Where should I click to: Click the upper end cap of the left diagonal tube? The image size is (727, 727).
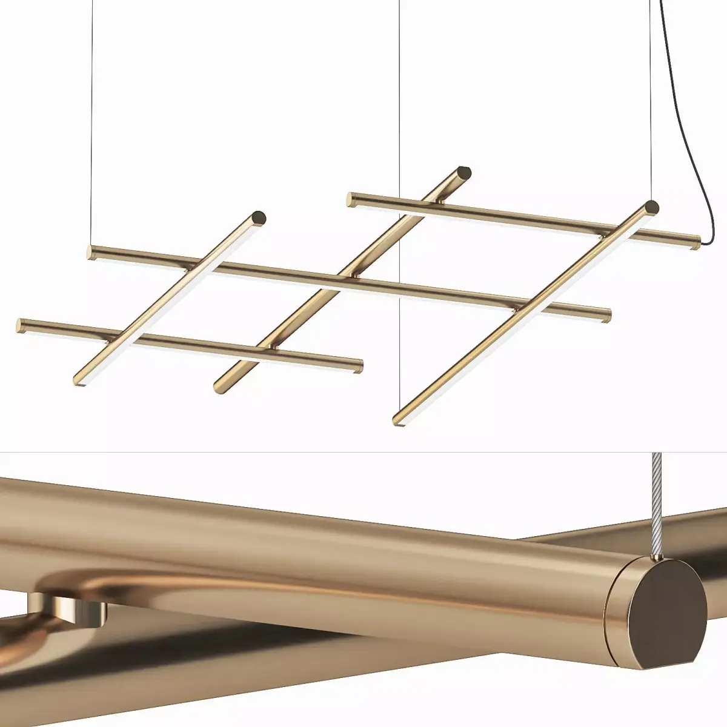coord(259,216)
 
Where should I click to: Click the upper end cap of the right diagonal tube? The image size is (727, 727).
coord(652,207)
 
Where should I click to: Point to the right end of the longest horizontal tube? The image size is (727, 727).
coord(607,316)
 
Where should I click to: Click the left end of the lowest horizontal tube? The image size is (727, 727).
coord(21,325)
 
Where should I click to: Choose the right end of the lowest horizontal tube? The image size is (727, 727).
coord(359,366)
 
